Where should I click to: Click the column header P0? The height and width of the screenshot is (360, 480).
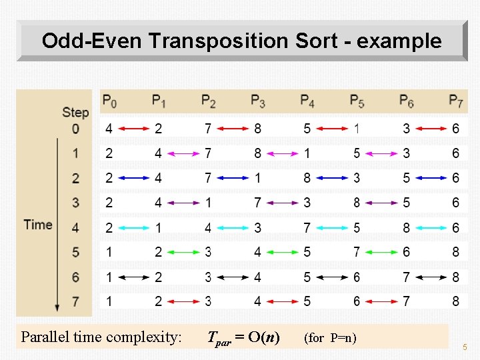click(109, 101)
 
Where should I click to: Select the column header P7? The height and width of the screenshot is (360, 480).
click(456, 101)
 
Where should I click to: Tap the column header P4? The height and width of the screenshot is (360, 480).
click(307, 101)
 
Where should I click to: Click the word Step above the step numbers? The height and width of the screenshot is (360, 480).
click(75, 112)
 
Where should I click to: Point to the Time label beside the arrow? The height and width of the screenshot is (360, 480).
click(37, 224)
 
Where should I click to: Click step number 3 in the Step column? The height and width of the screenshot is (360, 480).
click(75, 203)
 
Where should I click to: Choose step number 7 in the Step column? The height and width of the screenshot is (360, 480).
click(75, 301)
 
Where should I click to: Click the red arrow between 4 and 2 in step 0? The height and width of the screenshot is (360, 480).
click(133, 129)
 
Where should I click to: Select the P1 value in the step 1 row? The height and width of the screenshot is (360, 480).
click(158, 153)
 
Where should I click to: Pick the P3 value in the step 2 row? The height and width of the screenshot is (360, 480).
click(257, 178)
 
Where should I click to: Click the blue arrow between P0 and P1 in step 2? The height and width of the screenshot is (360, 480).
click(133, 178)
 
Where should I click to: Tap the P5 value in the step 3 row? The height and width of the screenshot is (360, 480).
click(357, 203)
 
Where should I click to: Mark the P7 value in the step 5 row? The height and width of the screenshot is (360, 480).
click(455, 252)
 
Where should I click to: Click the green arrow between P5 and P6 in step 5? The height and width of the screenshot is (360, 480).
click(381, 252)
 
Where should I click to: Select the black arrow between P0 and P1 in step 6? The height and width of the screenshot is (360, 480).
click(133, 277)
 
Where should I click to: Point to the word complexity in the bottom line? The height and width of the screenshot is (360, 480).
click(147, 337)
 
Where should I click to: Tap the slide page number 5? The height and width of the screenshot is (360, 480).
click(465, 347)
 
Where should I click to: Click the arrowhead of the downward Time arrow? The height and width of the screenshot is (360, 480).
click(57, 307)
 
